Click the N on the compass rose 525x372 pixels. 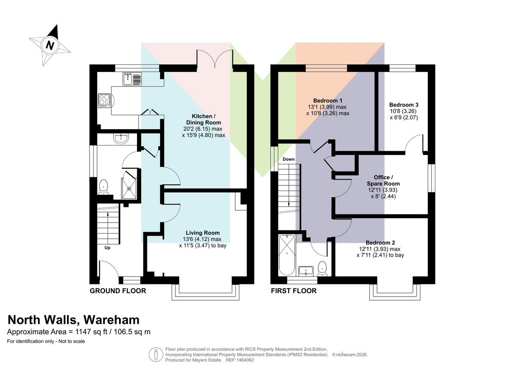[x=50, y=45]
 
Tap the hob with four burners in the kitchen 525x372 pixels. [x=105, y=101]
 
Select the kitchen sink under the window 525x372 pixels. [x=132, y=78]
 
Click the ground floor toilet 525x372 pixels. [x=103, y=187]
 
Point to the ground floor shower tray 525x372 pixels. [x=129, y=188]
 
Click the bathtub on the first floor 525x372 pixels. [x=287, y=255]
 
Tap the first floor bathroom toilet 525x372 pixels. [x=322, y=269]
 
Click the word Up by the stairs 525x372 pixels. [x=107, y=248]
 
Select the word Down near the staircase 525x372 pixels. [x=288, y=159]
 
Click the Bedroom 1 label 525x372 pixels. [x=328, y=101]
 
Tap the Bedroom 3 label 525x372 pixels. [x=404, y=105]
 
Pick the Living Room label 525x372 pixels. [x=203, y=233]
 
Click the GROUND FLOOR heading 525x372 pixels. [x=118, y=291]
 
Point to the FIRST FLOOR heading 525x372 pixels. [x=294, y=291]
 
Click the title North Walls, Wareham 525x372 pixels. [x=73, y=320]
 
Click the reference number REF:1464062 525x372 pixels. [x=240, y=360]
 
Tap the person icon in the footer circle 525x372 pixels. [x=156, y=354]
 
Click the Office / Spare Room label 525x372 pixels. [x=383, y=181]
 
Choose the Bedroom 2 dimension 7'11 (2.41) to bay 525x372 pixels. [x=380, y=255]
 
